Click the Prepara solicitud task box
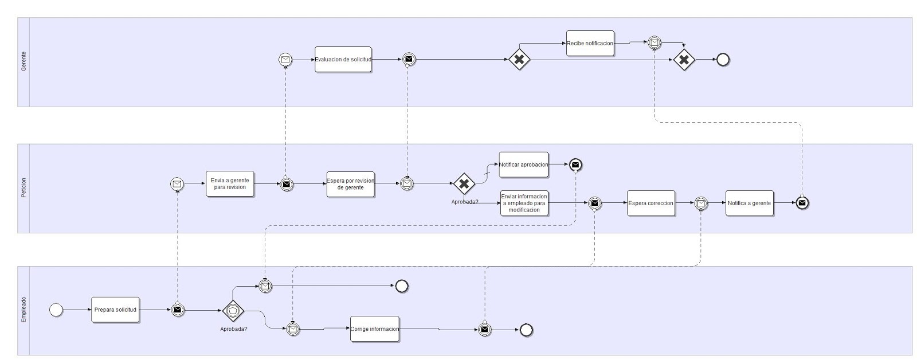click(x=115, y=310)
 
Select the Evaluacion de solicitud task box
click(x=343, y=60)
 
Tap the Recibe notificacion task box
click(x=590, y=44)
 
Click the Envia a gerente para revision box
click(x=229, y=184)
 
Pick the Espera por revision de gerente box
click(x=350, y=184)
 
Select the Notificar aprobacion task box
click(x=523, y=165)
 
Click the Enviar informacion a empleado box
click(x=524, y=203)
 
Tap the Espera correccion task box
click(x=650, y=203)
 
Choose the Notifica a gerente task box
click(x=749, y=203)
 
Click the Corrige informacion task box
click(x=374, y=329)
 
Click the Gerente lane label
click(x=23, y=62)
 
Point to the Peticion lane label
click(x=23, y=188)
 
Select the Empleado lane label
click(x=23, y=310)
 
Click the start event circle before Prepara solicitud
click(x=56, y=310)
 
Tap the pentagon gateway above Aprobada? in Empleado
click(x=233, y=310)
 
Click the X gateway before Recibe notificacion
click(x=519, y=60)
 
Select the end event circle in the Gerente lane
click(x=723, y=60)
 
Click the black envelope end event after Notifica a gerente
click(x=802, y=203)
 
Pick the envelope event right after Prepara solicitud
click(x=178, y=310)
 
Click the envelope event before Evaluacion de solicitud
click(x=285, y=60)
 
